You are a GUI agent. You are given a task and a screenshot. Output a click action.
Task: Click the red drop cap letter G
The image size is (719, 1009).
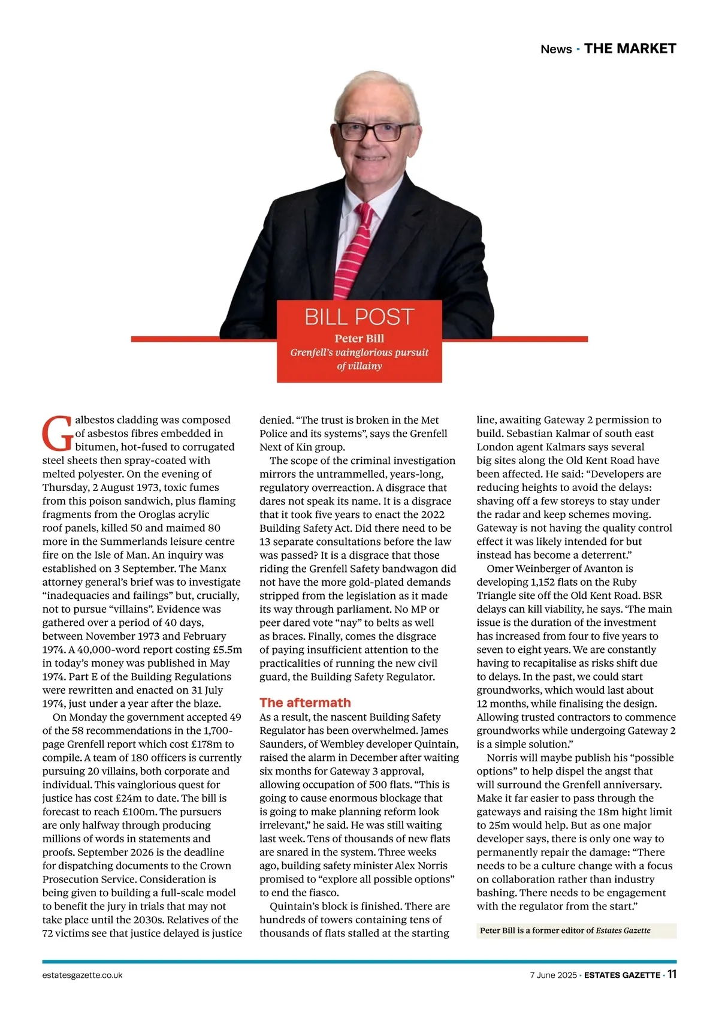click(57, 433)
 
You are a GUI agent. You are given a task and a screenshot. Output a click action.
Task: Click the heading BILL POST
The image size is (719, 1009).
click(359, 317)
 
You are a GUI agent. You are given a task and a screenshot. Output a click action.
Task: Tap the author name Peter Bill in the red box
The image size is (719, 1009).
click(359, 338)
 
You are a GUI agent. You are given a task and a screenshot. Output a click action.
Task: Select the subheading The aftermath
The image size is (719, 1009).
click(305, 703)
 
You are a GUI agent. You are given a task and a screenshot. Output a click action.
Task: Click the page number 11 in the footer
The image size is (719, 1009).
click(672, 974)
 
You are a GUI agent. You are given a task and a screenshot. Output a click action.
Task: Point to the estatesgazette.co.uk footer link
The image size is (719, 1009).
click(82, 975)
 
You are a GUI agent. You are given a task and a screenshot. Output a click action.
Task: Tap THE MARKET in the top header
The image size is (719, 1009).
click(630, 49)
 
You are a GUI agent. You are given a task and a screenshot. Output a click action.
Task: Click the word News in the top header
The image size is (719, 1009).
click(556, 49)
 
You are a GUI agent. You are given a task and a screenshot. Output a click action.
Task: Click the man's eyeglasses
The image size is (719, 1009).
click(376, 130)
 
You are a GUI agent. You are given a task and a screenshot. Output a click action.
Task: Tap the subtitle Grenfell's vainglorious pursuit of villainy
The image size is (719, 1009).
click(359, 359)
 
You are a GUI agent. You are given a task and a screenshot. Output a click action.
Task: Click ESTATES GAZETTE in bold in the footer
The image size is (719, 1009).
click(622, 975)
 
